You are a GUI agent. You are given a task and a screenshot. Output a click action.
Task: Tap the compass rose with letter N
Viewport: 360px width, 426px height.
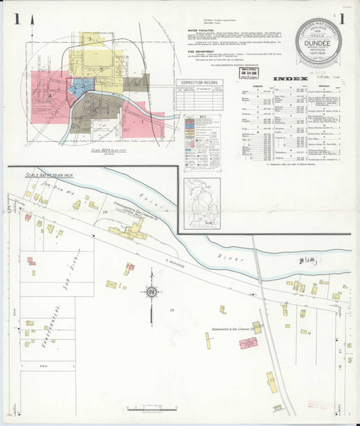151,292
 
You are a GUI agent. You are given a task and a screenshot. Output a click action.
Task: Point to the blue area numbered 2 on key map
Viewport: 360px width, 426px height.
79,89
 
